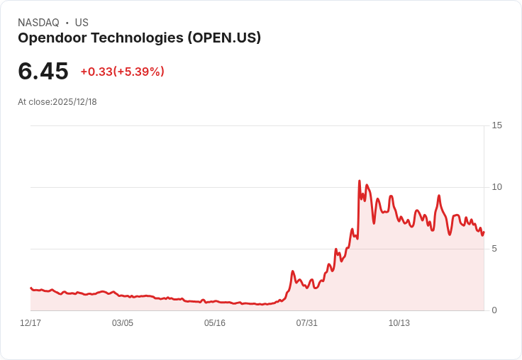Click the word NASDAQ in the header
point(38,23)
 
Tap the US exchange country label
point(82,23)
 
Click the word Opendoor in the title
point(54,38)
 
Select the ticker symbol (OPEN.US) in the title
point(224,38)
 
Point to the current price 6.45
point(43,72)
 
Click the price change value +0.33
point(96,72)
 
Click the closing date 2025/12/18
point(74,102)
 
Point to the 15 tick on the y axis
point(496,125)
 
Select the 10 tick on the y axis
point(496,187)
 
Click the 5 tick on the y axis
point(494,249)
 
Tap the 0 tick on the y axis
point(494,310)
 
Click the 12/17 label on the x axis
point(30,323)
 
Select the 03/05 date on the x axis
point(123,323)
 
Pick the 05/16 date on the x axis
point(215,323)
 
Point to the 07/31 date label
point(307,323)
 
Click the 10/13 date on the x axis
point(399,323)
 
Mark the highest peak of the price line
point(360,181)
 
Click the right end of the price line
point(484,232)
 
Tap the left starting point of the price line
point(30,288)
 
